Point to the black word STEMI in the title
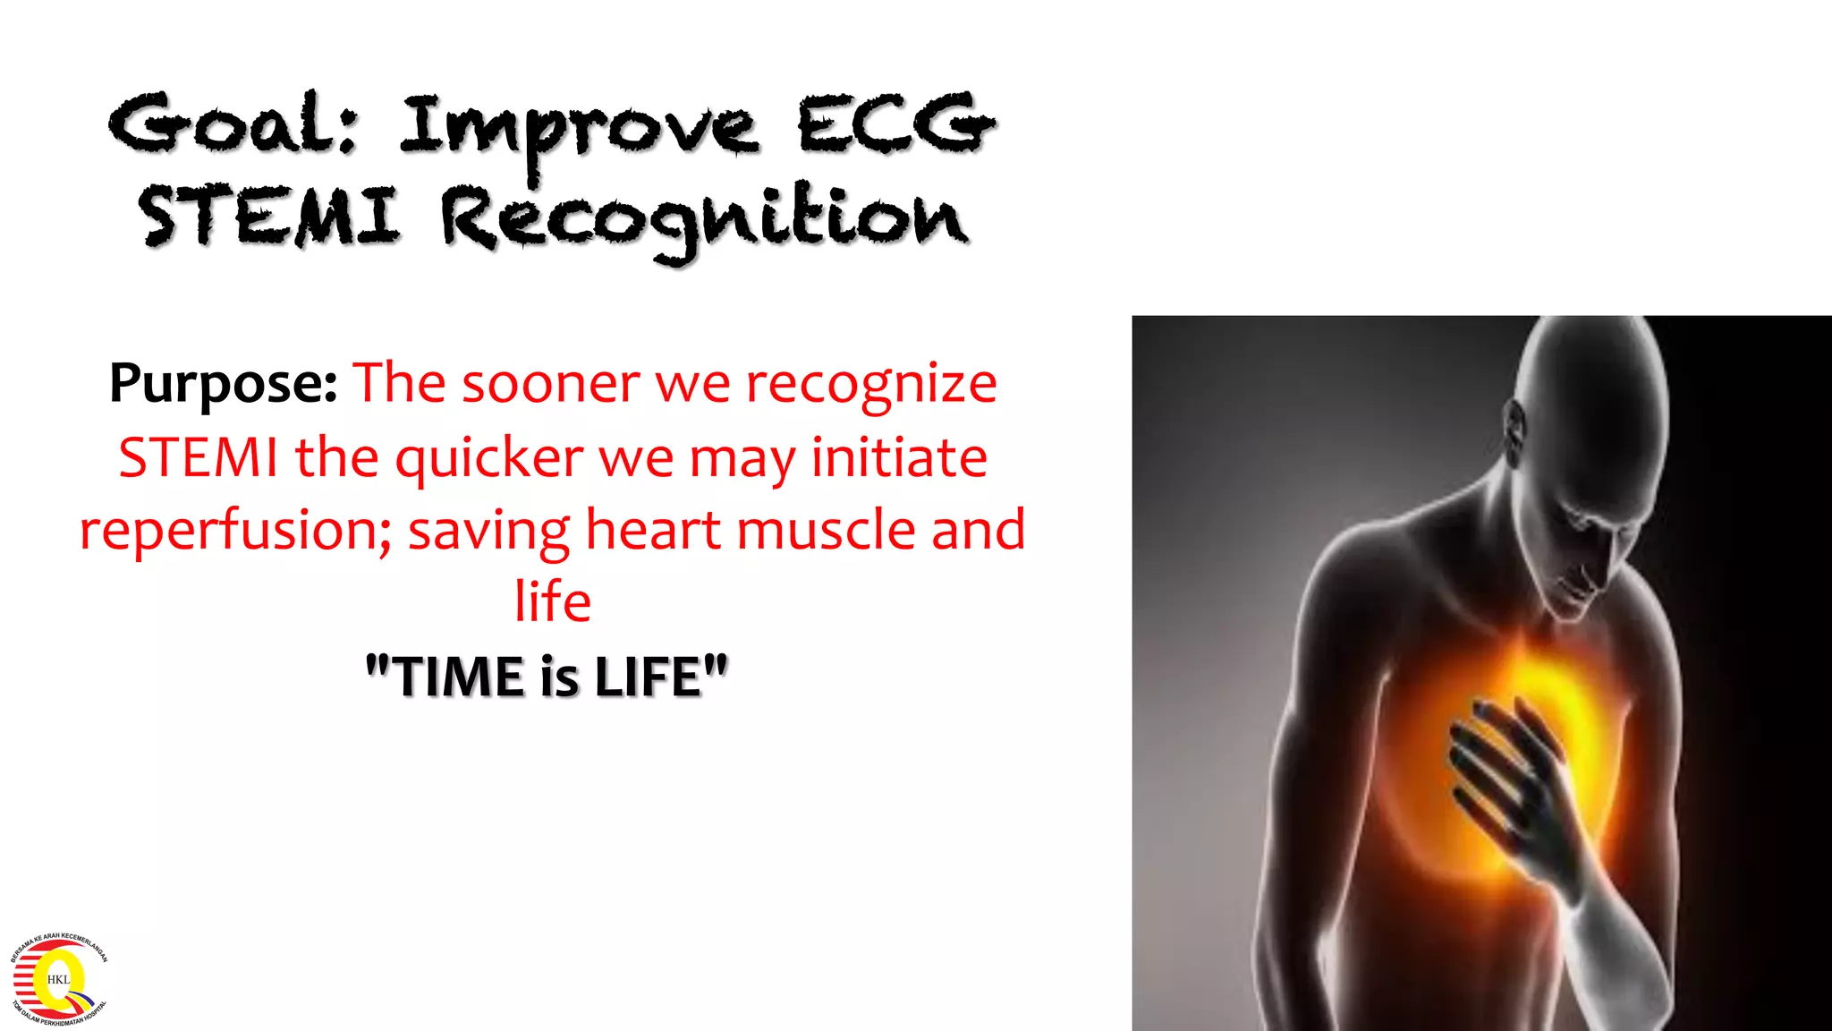[268, 217]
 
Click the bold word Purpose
[223, 385]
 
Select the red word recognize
[871, 385]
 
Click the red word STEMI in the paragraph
[199, 457]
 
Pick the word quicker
[489, 459]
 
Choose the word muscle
[827, 529]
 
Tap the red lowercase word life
[552, 601]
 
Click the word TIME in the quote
[458, 677]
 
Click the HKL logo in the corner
[58, 978]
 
